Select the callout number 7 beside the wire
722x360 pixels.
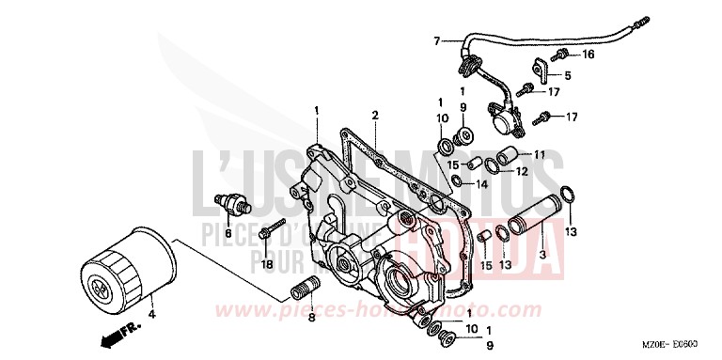436,40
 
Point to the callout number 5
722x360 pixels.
568,74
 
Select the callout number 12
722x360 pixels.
547,171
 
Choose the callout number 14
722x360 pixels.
483,183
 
